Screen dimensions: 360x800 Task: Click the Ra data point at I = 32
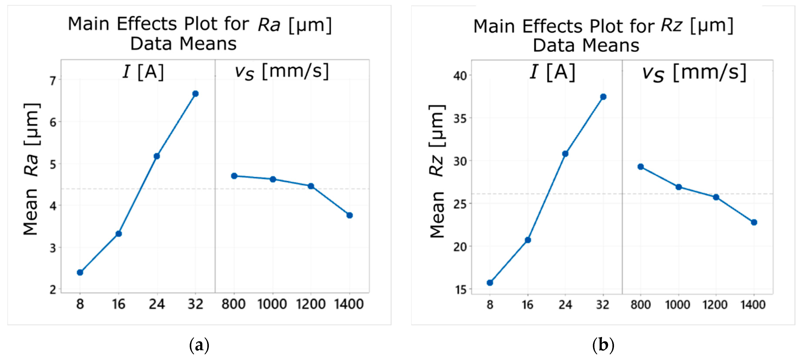coord(195,94)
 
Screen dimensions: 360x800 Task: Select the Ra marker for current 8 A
coord(80,272)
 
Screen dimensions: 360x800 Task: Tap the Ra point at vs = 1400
coord(349,215)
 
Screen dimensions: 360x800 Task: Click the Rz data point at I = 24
coord(565,154)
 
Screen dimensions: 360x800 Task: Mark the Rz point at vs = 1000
coord(679,187)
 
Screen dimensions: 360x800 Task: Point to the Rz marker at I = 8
coord(490,283)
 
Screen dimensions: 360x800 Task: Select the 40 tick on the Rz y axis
coord(460,76)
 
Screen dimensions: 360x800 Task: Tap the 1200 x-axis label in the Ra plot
coord(310,304)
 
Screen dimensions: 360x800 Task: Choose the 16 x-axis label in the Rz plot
coord(527,305)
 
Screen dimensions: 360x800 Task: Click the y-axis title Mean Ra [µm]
coord(31,169)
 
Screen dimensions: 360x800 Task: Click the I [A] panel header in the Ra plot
coord(143,72)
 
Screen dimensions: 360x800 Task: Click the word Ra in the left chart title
coord(269,25)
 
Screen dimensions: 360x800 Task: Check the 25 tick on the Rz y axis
coord(460,204)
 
